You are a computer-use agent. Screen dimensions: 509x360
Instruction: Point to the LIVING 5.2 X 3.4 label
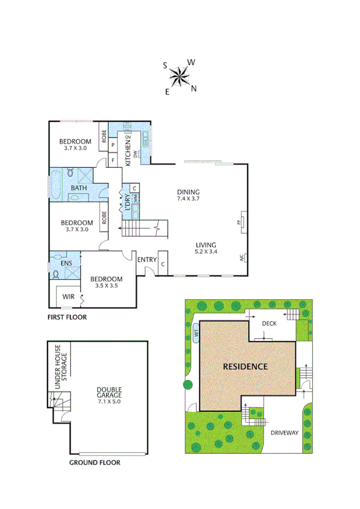[205, 248]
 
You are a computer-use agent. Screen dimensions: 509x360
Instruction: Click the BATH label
[78, 188]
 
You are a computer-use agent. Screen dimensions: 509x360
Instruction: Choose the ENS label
[66, 263]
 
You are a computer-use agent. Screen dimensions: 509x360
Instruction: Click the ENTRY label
[147, 260]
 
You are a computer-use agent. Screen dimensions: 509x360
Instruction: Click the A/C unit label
[242, 258]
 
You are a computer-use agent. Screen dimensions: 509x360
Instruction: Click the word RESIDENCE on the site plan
[245, 366]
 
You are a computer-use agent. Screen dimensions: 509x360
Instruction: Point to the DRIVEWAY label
[283, 432]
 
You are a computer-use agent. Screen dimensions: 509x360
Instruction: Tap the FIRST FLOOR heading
[67, 316]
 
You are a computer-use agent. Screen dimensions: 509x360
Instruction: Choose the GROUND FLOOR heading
[95, 462]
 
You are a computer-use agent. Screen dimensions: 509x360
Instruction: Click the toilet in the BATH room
[70, 173]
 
